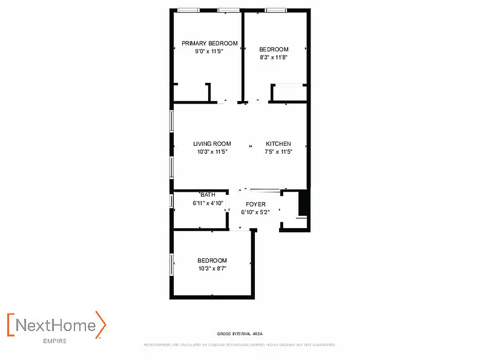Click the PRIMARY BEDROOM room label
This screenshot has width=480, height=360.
coord(209,43)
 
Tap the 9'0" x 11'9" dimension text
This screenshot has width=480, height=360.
coord(209,51)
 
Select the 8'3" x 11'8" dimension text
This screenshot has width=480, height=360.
coord(274,57)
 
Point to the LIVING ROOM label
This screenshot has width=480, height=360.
coord(212,144)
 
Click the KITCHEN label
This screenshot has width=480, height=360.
coord(278,144)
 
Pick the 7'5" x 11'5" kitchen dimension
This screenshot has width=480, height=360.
coord(278,152)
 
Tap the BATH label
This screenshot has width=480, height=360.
coord(208,195)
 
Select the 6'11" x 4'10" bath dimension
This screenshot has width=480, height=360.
coord(208,203)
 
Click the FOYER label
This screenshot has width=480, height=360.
coord(255,204)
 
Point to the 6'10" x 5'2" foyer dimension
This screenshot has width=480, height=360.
coord(255,212)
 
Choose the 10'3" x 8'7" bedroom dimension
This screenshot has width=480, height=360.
coord(212,268)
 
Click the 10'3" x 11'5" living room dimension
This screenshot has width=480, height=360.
coord(212,152)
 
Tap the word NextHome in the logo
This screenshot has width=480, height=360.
coord(56,325)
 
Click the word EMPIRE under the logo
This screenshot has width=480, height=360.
coord(55,341)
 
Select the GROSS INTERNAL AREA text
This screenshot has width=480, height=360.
coord(240,334)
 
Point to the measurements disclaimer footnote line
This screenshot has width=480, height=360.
coord(240,345)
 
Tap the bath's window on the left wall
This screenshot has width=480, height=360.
coord(172,201)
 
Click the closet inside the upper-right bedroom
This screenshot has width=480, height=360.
coord(290,93)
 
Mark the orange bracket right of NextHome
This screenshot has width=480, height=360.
coord(103,324)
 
